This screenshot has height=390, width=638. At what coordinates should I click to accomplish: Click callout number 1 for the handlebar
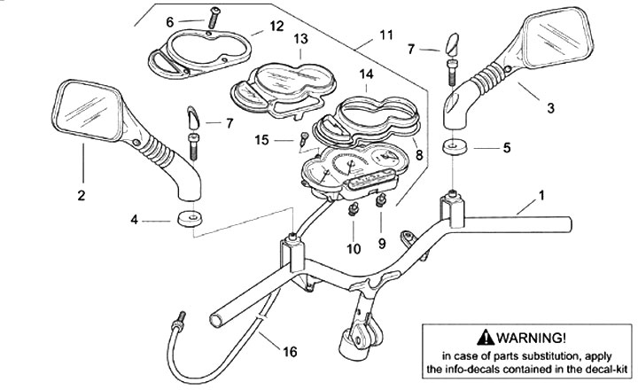[542, 194]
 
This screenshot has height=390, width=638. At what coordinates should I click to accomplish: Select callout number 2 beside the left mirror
[81, 196]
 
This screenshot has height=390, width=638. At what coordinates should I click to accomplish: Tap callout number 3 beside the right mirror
[550, 108]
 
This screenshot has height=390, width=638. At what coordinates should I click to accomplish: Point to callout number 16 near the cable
[291, 353]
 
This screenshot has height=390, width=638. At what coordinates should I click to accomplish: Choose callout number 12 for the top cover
[276, 27]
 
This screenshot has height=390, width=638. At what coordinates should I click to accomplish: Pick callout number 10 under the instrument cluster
[354, 249]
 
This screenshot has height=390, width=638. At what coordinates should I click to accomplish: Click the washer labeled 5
[453, 146]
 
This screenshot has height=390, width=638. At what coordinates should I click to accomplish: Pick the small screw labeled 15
[305, 137]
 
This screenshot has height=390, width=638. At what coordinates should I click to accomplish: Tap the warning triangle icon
[482, 338]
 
